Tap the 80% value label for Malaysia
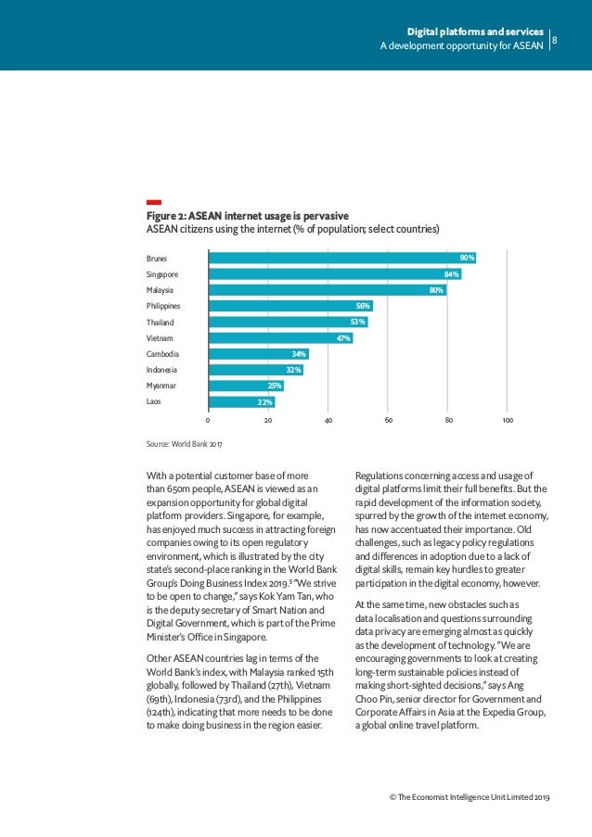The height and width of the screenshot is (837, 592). coord(435,290)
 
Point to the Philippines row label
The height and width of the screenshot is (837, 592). coord(163,306)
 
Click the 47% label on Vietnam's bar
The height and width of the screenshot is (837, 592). coord(343,338)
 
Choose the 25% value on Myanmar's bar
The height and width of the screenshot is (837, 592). coord(274,386)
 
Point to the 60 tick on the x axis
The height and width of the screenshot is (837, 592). coord(388,421)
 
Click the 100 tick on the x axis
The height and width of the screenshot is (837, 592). coord(508,421)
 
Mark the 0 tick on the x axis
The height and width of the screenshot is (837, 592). coord(208,421)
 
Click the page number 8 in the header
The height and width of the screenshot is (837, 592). coord(555,39)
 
